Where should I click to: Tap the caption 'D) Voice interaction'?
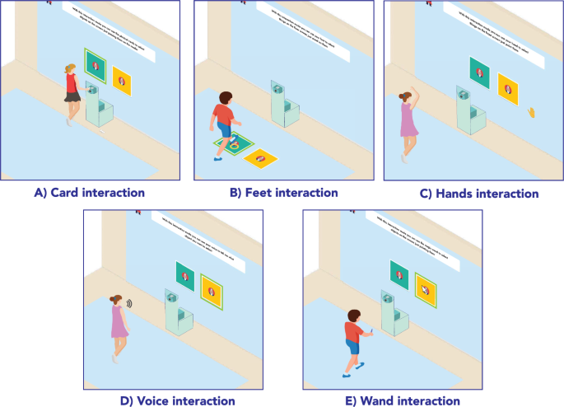pyautogui.click(x=177, y=400)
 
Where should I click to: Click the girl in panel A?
pyautogui.click(x=72, y=92)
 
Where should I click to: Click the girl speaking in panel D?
pyautogui.click(x=118, y=325)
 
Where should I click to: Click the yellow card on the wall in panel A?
pyautogui.click(x=123, y=80)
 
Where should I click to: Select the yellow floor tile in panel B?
pyautogui.click(x=260, y=157)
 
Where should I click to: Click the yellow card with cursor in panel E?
pyautogui.click(x=426, y=288)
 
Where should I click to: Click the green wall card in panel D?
pyautogui.click(x=185, y=274)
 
